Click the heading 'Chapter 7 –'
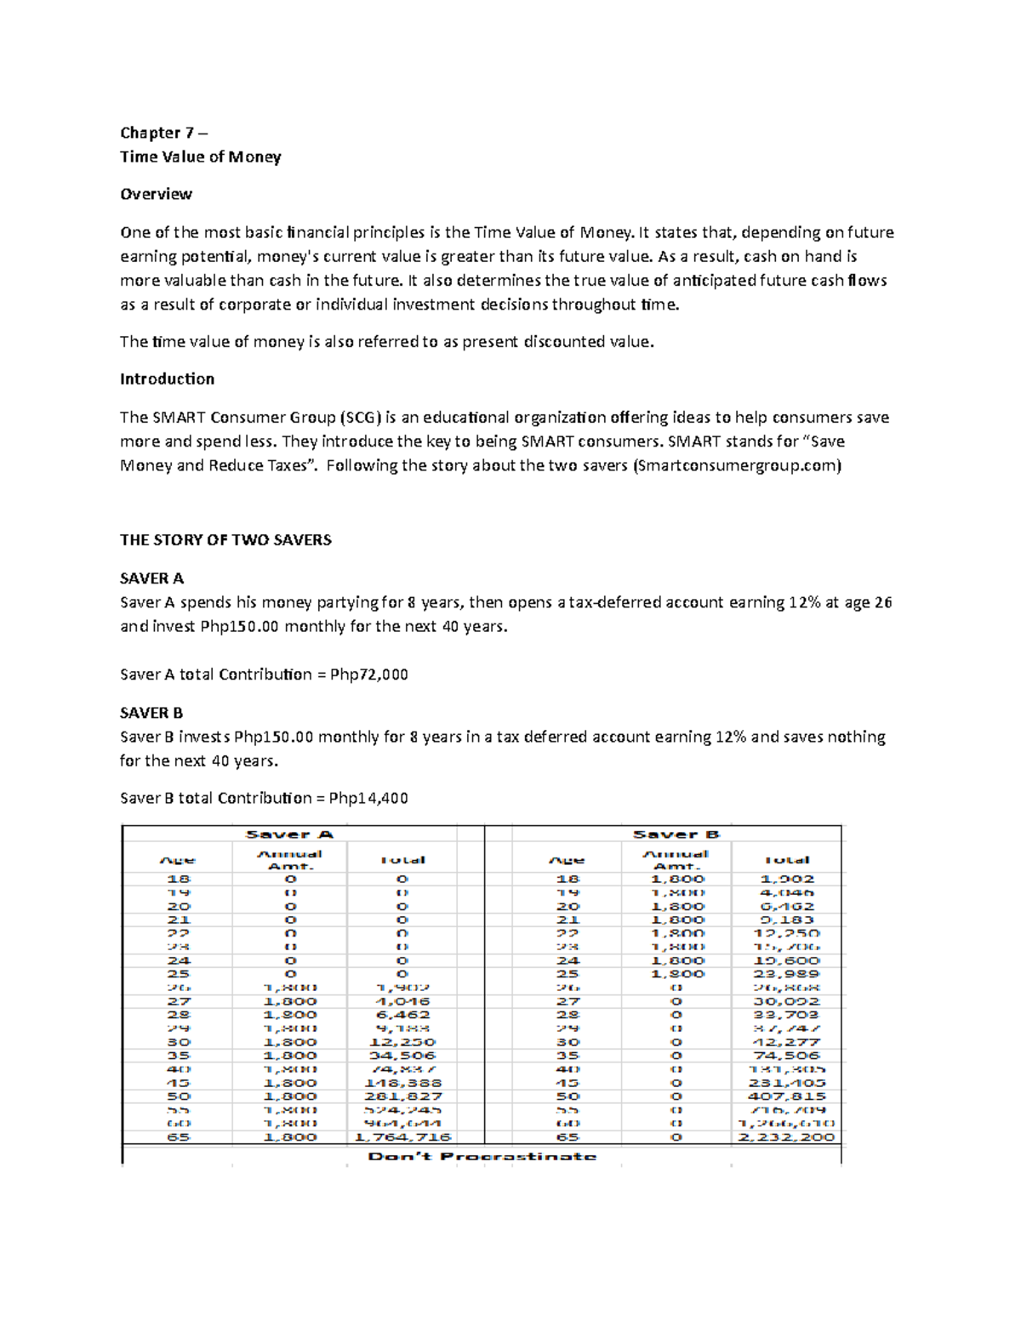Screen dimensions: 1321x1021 click(x=163, y=133)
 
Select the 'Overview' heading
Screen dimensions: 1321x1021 click(x=156, y=194)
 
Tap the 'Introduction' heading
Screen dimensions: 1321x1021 click(x=167, y=379)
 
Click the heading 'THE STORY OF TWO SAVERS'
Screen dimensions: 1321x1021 click(x=225, y=540)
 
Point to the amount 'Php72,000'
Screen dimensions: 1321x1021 click(x=368, y=675)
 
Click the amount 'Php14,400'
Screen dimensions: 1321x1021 click(x=368, y=798)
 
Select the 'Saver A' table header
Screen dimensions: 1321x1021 click(x=289, y=834)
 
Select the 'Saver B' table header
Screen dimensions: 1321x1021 click(x=676, y=834)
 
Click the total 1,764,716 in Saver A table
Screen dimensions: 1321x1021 click(x=402, y=1137)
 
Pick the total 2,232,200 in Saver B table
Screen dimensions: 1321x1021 click(x=787, y=1137)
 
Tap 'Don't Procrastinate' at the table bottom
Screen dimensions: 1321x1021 click(x=482, y=1157)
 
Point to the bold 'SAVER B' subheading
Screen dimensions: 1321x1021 click(x=151, y=713)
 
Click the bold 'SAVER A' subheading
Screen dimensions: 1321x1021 click(x=151, y=578)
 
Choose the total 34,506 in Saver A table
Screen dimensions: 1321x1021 click(x=402, y=1056)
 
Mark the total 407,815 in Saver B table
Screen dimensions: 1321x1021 click(x=787, y=1096)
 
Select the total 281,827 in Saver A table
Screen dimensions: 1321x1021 click(x=402, y=1096)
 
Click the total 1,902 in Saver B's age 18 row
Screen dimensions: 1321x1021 click(x=787, y=879)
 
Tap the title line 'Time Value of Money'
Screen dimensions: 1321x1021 click(x=200, y=157)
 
